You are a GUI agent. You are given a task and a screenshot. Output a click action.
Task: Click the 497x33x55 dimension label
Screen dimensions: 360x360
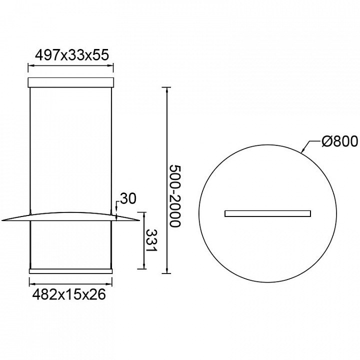click(71, 55)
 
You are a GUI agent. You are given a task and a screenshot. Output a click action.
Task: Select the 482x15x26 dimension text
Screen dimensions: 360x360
click(69, 294)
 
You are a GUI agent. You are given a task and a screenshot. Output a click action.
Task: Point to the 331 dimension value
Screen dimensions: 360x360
click(151, 240)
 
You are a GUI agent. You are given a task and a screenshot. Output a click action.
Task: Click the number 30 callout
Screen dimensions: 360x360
click(128, 198)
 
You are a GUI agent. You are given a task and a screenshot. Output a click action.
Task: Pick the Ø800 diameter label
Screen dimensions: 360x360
click(339, 141)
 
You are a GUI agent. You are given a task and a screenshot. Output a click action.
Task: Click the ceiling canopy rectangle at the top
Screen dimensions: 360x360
click(70, 82)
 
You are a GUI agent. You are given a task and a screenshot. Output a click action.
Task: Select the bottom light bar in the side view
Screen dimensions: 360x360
click(70, 271)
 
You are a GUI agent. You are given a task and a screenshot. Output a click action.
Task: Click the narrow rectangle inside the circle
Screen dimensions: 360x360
click(267, 213)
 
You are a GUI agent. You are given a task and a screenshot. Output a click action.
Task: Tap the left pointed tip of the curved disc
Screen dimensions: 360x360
click(1, 221)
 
